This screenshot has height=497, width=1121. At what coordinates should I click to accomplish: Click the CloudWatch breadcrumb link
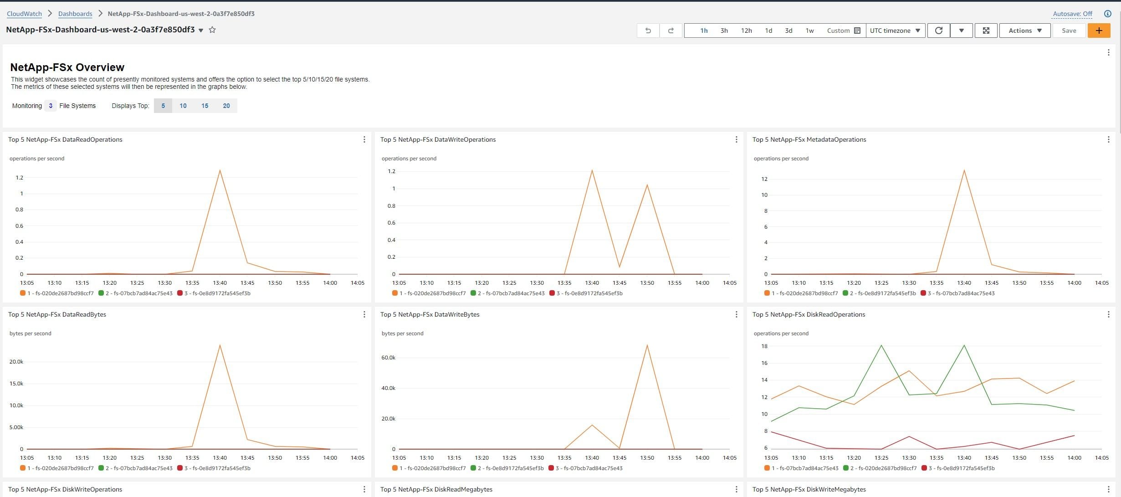pos(24,14)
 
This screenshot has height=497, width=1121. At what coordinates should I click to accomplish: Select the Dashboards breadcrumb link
pos(75,14)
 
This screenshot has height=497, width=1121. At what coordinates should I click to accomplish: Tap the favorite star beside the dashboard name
pos(212,30)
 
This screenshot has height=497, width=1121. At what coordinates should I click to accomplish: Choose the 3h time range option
pos(724,31)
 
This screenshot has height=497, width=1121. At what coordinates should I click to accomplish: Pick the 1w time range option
pos(809,31)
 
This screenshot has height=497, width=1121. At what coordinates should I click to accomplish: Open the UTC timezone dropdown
pos(895,31)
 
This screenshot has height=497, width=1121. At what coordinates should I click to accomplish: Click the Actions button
pos(1025,31)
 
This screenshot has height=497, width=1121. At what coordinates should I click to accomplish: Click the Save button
pos(1069,31)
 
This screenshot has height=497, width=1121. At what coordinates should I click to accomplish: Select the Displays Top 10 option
pos(183,106)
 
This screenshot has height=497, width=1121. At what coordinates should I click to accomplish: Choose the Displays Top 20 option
pos(226,106)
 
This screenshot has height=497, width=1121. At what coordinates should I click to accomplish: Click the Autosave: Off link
pos(1072,14)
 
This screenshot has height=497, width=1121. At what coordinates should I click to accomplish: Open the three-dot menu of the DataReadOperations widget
pos(364,139)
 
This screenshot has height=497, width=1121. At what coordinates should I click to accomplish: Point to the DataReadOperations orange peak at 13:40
pos(220,170)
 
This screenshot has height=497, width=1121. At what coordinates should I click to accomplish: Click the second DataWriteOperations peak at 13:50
pos(647,184)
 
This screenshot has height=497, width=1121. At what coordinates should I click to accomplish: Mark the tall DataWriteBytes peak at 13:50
pos(647,345)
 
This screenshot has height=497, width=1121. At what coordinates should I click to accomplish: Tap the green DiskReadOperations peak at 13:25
pos(881,345)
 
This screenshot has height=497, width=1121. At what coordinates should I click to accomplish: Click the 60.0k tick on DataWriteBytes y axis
pos(389,358)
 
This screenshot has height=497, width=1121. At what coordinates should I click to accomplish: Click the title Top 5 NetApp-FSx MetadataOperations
pos(809,139)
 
